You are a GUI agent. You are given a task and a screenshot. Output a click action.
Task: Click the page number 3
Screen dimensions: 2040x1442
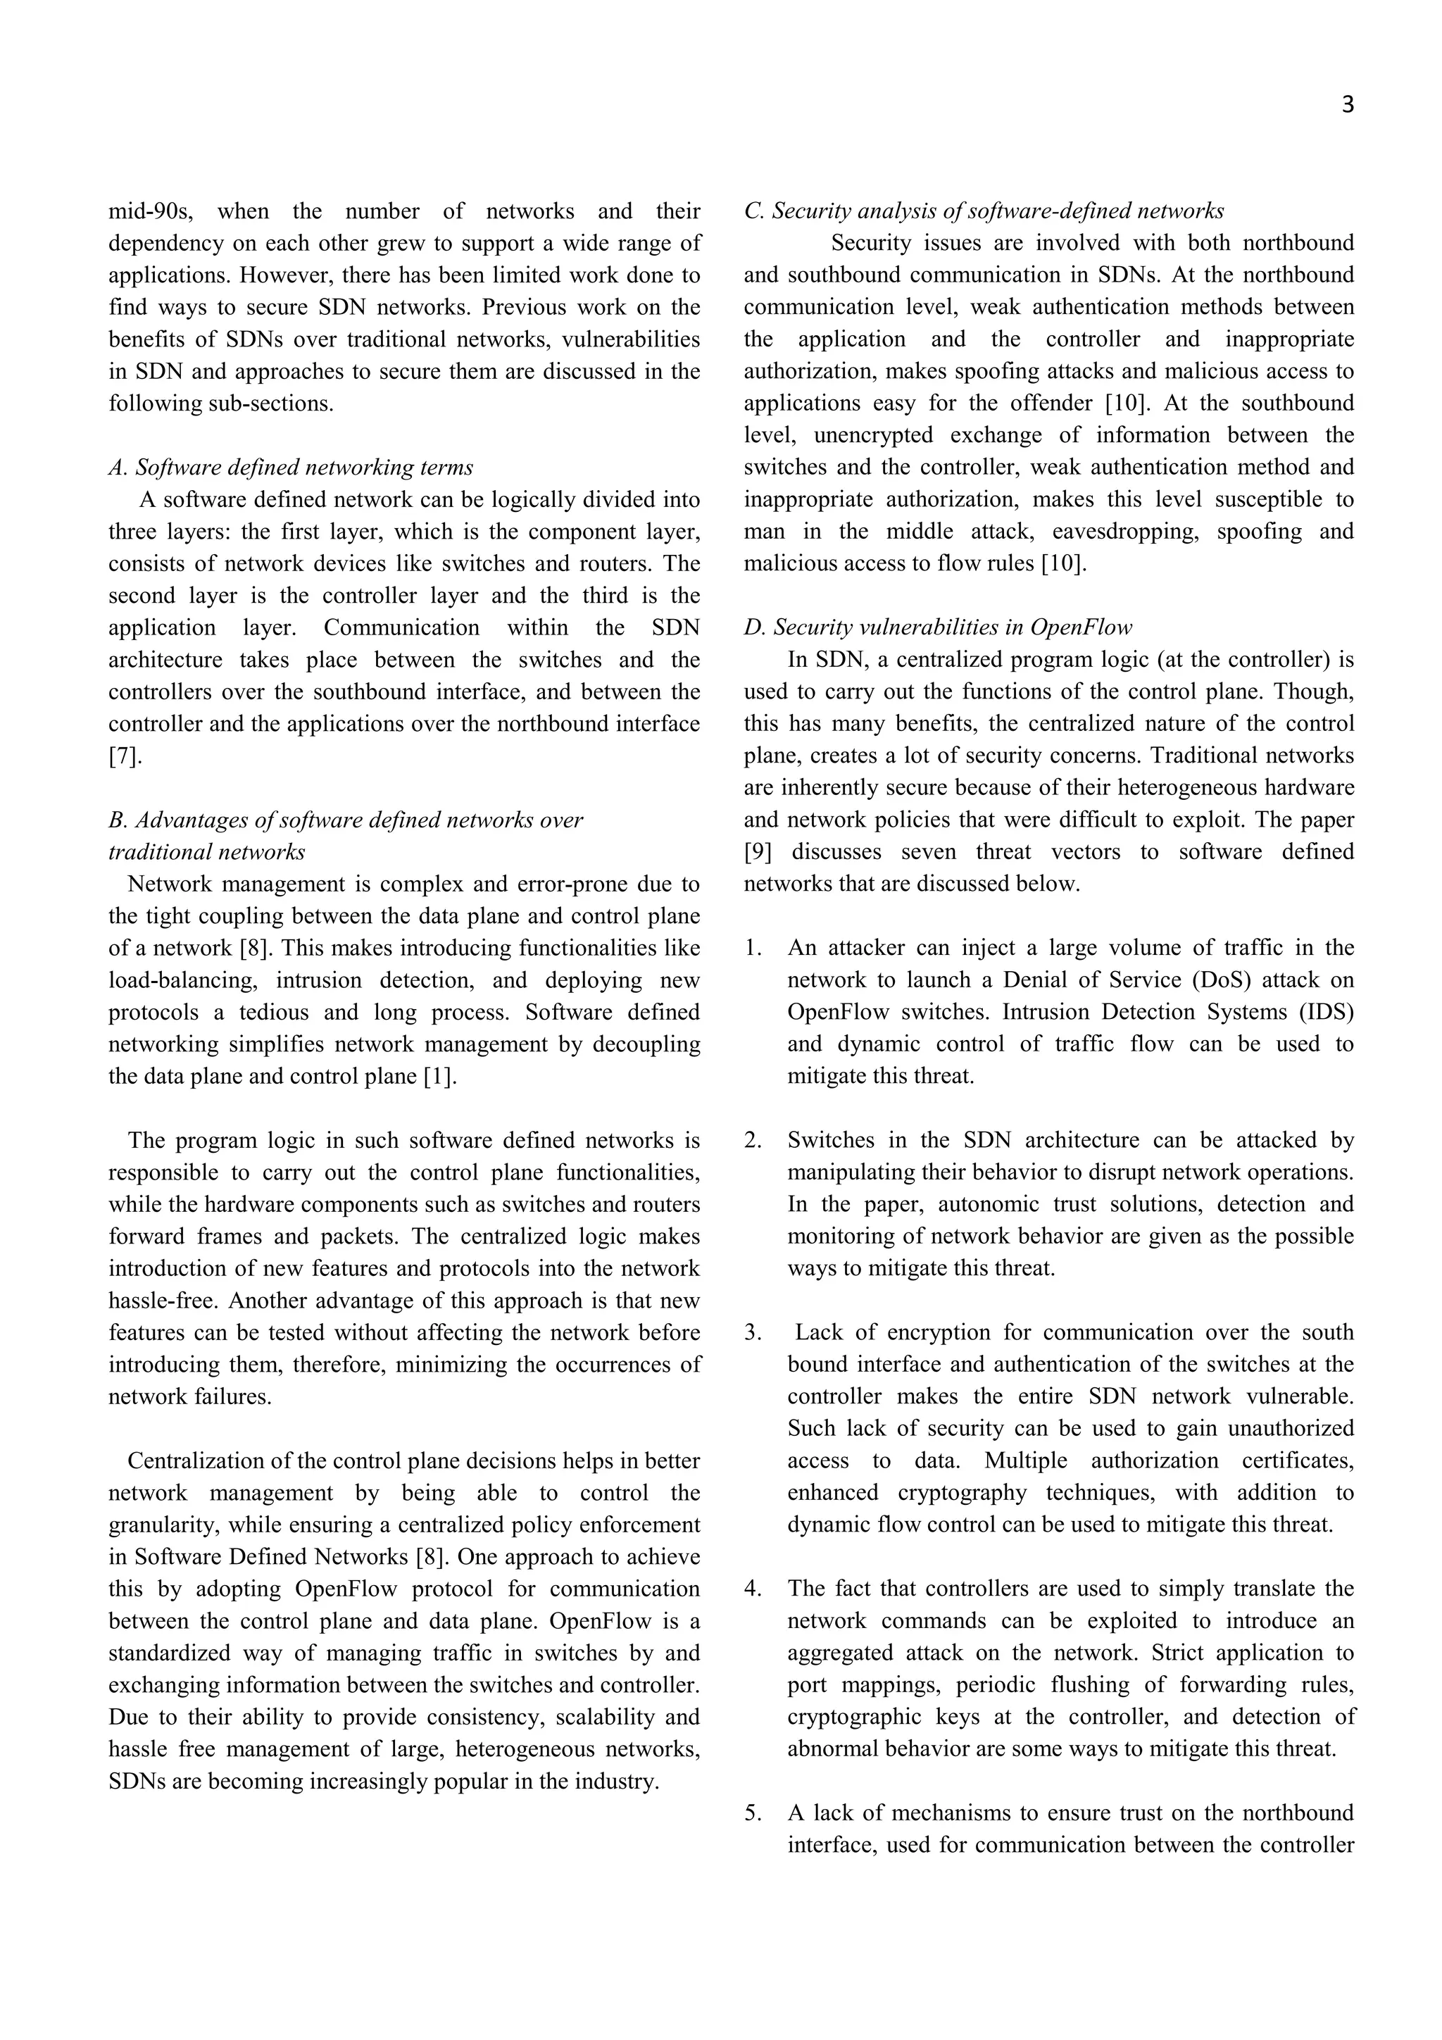click(1347, 106)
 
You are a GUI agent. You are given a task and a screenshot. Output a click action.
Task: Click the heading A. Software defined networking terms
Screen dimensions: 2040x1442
click(291, 468)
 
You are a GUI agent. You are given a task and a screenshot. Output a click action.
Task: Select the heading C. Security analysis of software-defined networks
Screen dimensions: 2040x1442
click(984, 211)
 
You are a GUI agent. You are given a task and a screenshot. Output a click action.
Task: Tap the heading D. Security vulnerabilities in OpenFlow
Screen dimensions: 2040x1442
click(937, 628)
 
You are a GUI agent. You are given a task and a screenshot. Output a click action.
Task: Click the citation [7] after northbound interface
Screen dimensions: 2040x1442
click(125, 757)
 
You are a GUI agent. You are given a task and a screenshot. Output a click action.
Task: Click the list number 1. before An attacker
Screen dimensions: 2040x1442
click(753, 948)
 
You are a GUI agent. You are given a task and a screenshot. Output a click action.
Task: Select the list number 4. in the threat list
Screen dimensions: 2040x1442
click(753, 1589)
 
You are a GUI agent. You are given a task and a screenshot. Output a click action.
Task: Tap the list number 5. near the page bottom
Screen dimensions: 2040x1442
click(753, 1813)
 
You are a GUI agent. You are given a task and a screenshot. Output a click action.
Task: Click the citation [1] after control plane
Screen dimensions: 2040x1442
click(440, 1077)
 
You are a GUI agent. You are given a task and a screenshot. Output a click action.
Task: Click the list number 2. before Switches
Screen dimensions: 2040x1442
click(753, 1141)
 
